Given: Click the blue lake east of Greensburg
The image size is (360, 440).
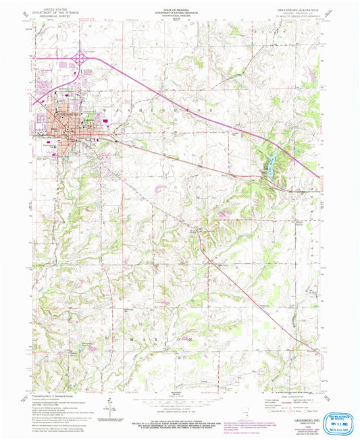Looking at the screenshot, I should [x=269, y=165].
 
